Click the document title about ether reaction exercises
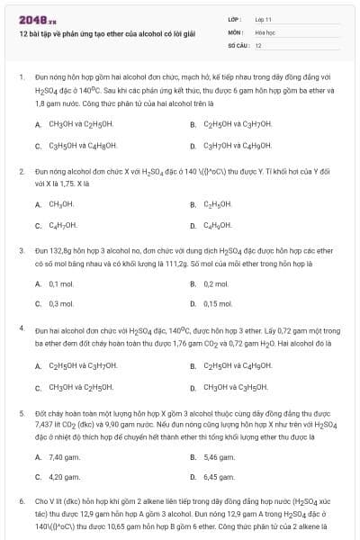(107, 33)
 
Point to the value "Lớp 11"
(264, 19)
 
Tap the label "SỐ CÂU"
(237, 44)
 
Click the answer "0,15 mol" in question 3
(217, 304)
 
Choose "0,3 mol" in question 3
(60, 304)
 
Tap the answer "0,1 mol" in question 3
(60, 284)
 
